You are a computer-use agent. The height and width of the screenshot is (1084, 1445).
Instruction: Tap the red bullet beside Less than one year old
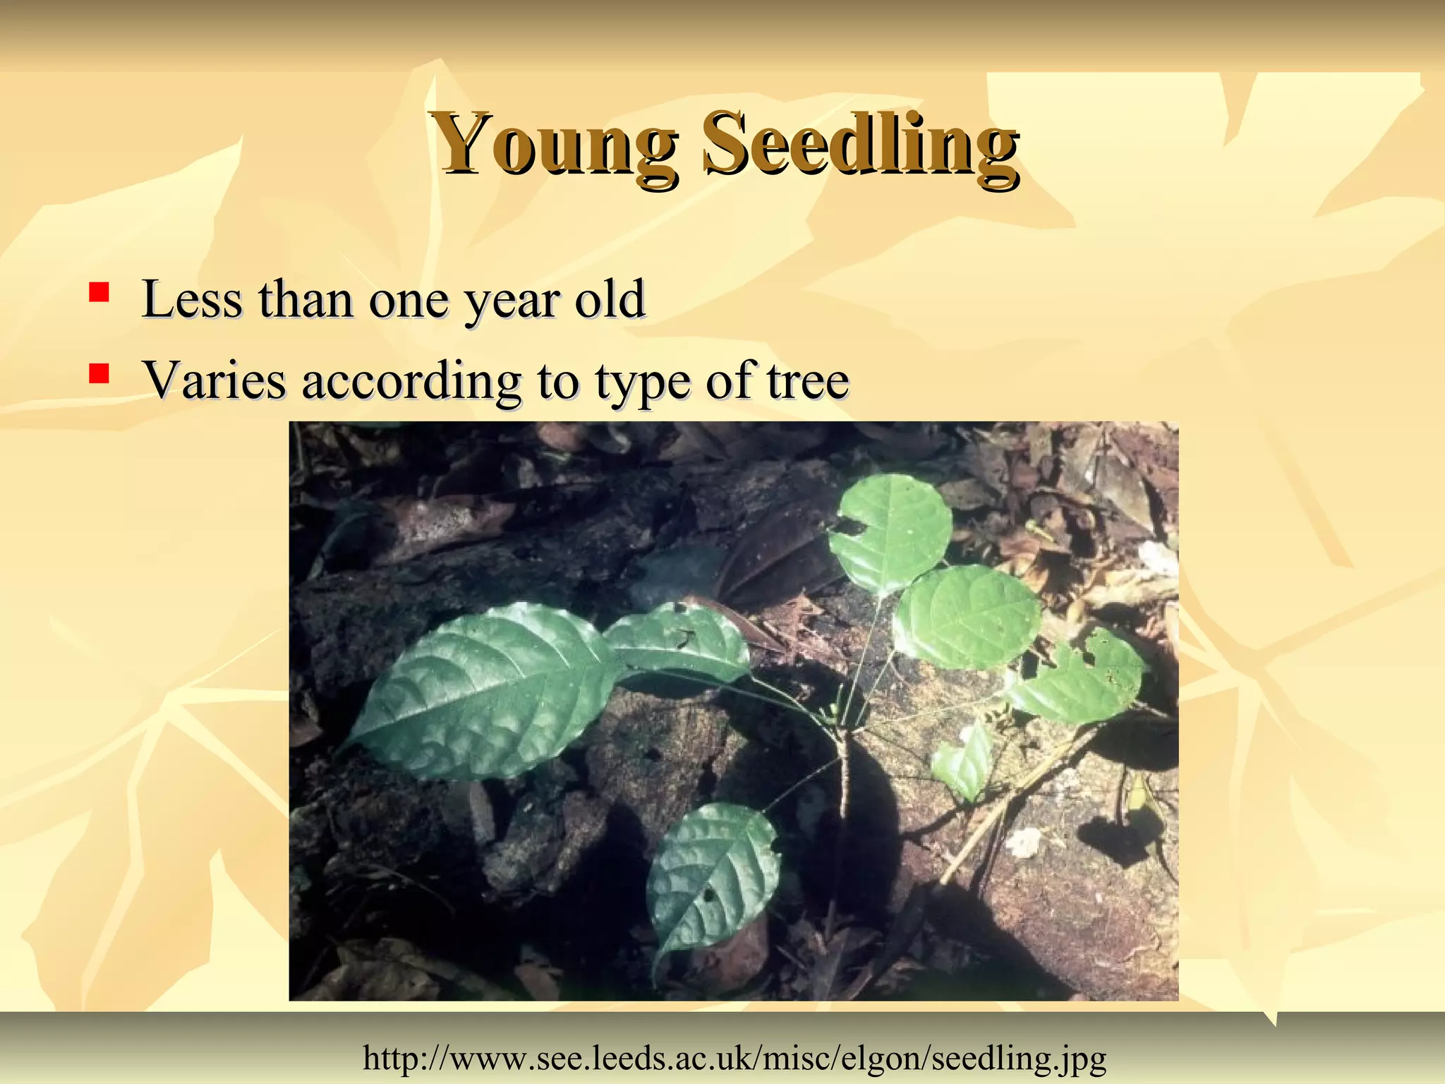[x=99, y=291]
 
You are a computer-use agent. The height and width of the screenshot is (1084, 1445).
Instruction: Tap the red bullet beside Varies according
[x=99, y=373]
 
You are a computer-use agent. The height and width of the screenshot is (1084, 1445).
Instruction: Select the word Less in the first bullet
[x=192, y=299]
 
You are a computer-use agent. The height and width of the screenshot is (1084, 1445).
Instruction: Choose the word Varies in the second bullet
[x=215, y=380]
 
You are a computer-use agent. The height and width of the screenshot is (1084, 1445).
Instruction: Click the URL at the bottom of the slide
[x=734, y=1057]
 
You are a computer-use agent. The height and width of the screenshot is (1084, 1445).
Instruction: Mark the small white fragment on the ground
[x=1024, y=842]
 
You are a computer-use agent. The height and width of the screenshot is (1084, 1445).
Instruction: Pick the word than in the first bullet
[x=305, y=299]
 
